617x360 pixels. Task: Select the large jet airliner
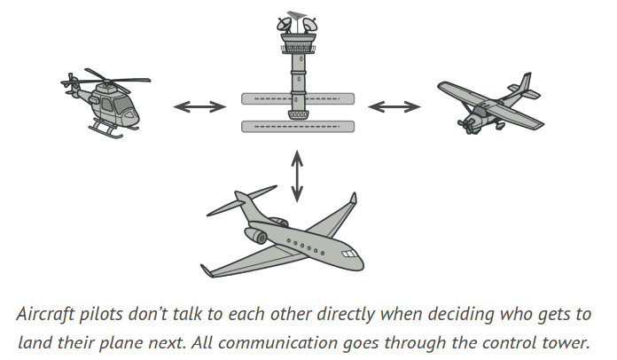[284, 235]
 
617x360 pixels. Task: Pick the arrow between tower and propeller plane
[394, 106]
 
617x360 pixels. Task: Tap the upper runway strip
[298, 98]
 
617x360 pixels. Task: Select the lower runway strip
[298, 126]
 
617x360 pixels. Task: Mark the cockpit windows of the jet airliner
[351, 256]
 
